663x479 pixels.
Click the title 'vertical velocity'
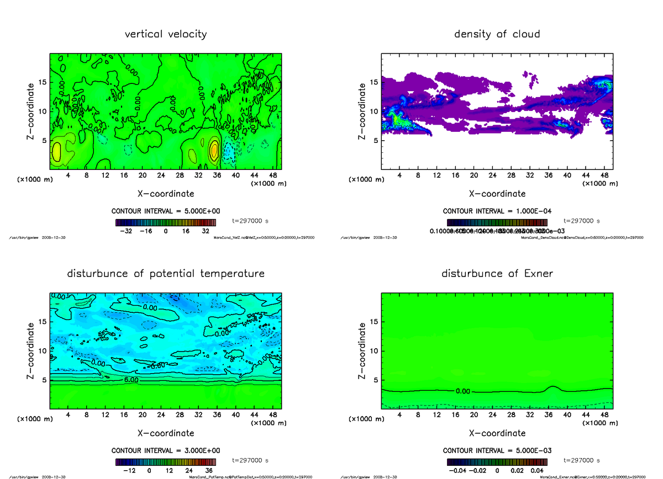point(166,34)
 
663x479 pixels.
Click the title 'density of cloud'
point(497,34)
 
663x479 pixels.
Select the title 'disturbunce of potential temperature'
point(166,274)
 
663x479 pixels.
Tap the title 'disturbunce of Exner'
point(497,274)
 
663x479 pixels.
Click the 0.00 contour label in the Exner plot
point(463,391)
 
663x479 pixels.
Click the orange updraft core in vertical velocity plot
point(214,150)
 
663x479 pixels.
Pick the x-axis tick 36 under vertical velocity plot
point(217,175)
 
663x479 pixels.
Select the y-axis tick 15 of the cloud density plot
point(373,82)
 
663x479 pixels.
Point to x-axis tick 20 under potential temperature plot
point(142,415)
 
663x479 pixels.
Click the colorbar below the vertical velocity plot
point(166,222)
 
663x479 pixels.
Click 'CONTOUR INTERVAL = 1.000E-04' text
point(497,211)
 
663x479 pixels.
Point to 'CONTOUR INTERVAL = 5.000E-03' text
point(497,450)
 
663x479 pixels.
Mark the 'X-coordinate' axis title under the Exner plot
point(497,433)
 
